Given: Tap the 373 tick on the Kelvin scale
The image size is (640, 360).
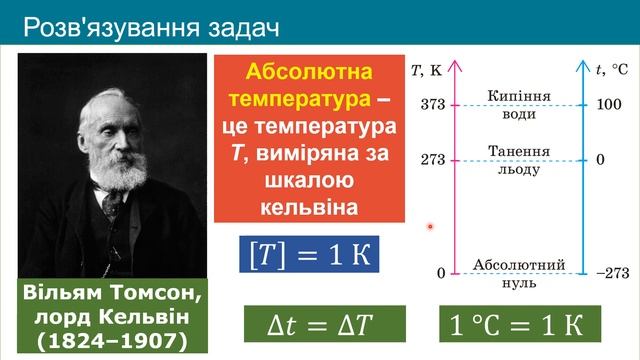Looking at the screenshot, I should click(x=432, y=104).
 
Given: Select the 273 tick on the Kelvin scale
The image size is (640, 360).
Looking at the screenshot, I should click(x=432, y=160).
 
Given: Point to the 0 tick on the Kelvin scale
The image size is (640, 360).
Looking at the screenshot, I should click(x=440, y=274).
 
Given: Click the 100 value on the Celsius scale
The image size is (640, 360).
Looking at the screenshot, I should click(x=609, y=104).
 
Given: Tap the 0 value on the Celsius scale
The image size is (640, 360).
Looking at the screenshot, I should click(x=601, y=160).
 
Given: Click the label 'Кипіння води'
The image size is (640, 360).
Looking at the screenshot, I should click(x=518, y=104).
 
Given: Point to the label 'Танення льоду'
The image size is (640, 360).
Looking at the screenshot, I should click(x=518, y=160).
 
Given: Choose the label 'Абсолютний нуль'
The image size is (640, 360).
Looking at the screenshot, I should click(x=518, y=273).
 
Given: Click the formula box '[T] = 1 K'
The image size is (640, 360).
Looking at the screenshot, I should click(x=310, y=254).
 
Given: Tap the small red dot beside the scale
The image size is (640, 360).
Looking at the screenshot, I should click(x=430, y=226).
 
